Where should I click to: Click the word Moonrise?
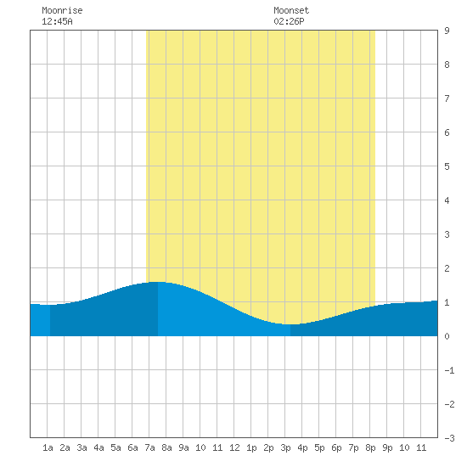click(x=62, y=10)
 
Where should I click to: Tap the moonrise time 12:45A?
click(x=57, y=21)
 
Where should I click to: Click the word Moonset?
click(x=291, y=10)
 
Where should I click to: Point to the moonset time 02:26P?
click(x=289, y=21)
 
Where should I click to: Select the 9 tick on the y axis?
click(x=447, y=31)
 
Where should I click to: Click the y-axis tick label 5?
click(x=447, y=166)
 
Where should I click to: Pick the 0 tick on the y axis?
click(x=447, y=336)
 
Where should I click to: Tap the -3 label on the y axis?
click(x=449, y=438)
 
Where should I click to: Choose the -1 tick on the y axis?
click(x=449, y=370)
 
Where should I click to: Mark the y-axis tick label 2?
click(x=447, y=268)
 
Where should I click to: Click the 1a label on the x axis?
click(x=48, y=447)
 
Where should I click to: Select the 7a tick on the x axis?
click(x=149, y=447)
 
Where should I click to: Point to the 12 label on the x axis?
click(x=234, y=447)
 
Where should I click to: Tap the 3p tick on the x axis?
click(x=285, y=447)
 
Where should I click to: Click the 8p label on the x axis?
click(x=370, y=447)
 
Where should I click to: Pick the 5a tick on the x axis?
click(x=115, y=447)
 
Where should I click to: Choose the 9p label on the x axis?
click(x=387, y=447)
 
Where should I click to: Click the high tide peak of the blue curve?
click(x=158, y=282)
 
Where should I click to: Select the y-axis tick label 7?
click(x=447, y=98)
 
